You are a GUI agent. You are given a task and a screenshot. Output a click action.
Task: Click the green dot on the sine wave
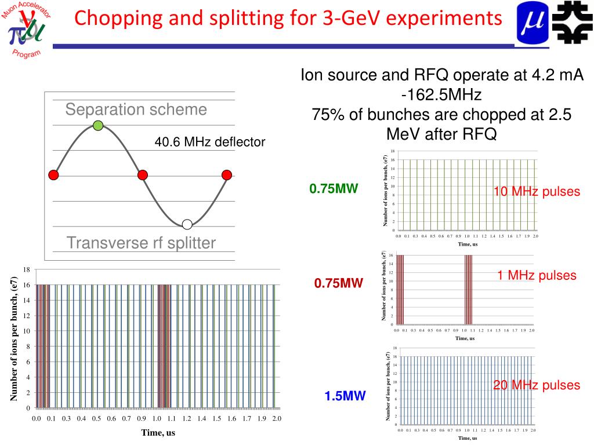[x=98, y=125]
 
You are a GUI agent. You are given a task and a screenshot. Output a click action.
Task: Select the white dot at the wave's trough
[x=187, y=224]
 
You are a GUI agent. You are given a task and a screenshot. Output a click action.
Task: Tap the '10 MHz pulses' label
[x=537, y=192]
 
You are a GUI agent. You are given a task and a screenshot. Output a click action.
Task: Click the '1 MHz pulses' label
[x=537, y=275]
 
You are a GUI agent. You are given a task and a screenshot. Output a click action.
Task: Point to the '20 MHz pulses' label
[x=537, y=385]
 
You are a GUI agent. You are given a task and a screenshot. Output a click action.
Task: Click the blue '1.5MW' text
[x=345, y=396]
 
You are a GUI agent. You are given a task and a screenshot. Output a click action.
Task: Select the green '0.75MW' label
[x=334, y=188]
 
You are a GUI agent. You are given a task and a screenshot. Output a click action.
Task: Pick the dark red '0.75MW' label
[x=339, y=283]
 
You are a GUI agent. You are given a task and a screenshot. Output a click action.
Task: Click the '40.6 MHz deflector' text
[x=209, y=142]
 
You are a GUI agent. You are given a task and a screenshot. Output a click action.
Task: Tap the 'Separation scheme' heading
[x=136, y=110]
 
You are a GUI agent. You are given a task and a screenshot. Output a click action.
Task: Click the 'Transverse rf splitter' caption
[x=141, y=243]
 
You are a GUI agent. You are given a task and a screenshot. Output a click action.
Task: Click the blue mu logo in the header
[x=531, y=23]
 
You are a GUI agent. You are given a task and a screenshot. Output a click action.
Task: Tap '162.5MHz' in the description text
[x=445, y=94]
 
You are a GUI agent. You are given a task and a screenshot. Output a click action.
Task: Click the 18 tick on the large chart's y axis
[x=27, y=270]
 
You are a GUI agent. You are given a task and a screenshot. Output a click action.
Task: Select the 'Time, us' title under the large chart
[x=158, y=432]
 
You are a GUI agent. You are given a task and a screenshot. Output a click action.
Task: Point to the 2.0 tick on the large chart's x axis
[x=276, y=418]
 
